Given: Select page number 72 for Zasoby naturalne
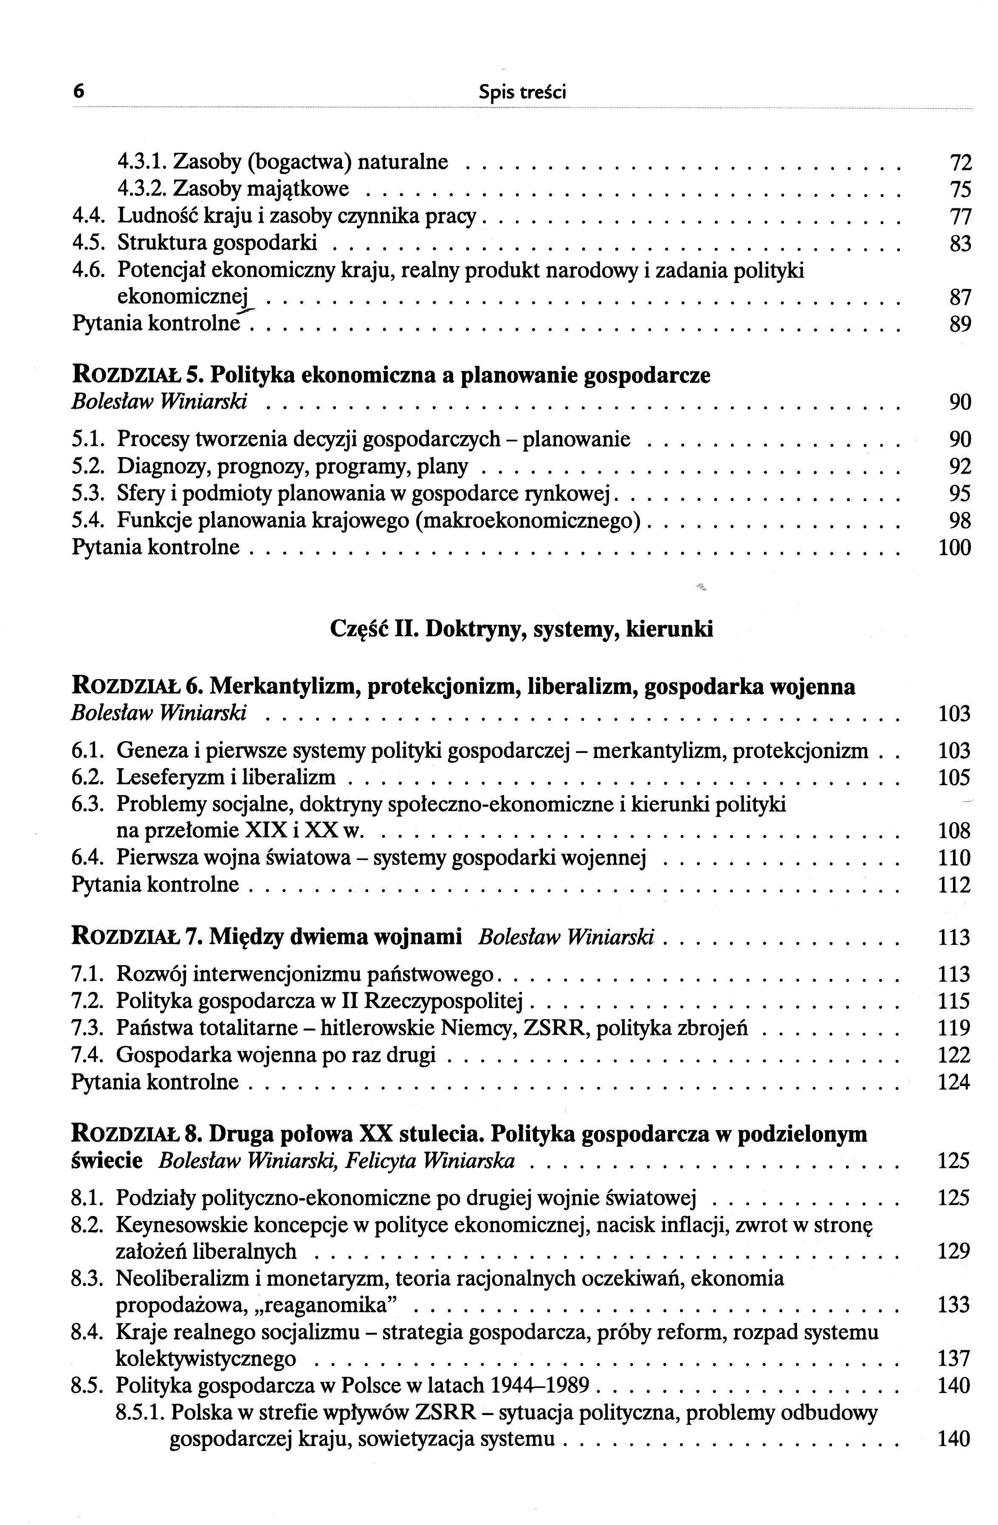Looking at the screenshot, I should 959,163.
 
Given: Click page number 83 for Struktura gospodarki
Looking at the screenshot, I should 959,244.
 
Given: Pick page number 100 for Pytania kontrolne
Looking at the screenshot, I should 954,548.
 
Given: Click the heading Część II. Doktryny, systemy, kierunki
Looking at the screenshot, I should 521,629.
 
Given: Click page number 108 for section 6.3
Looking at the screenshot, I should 954,831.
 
